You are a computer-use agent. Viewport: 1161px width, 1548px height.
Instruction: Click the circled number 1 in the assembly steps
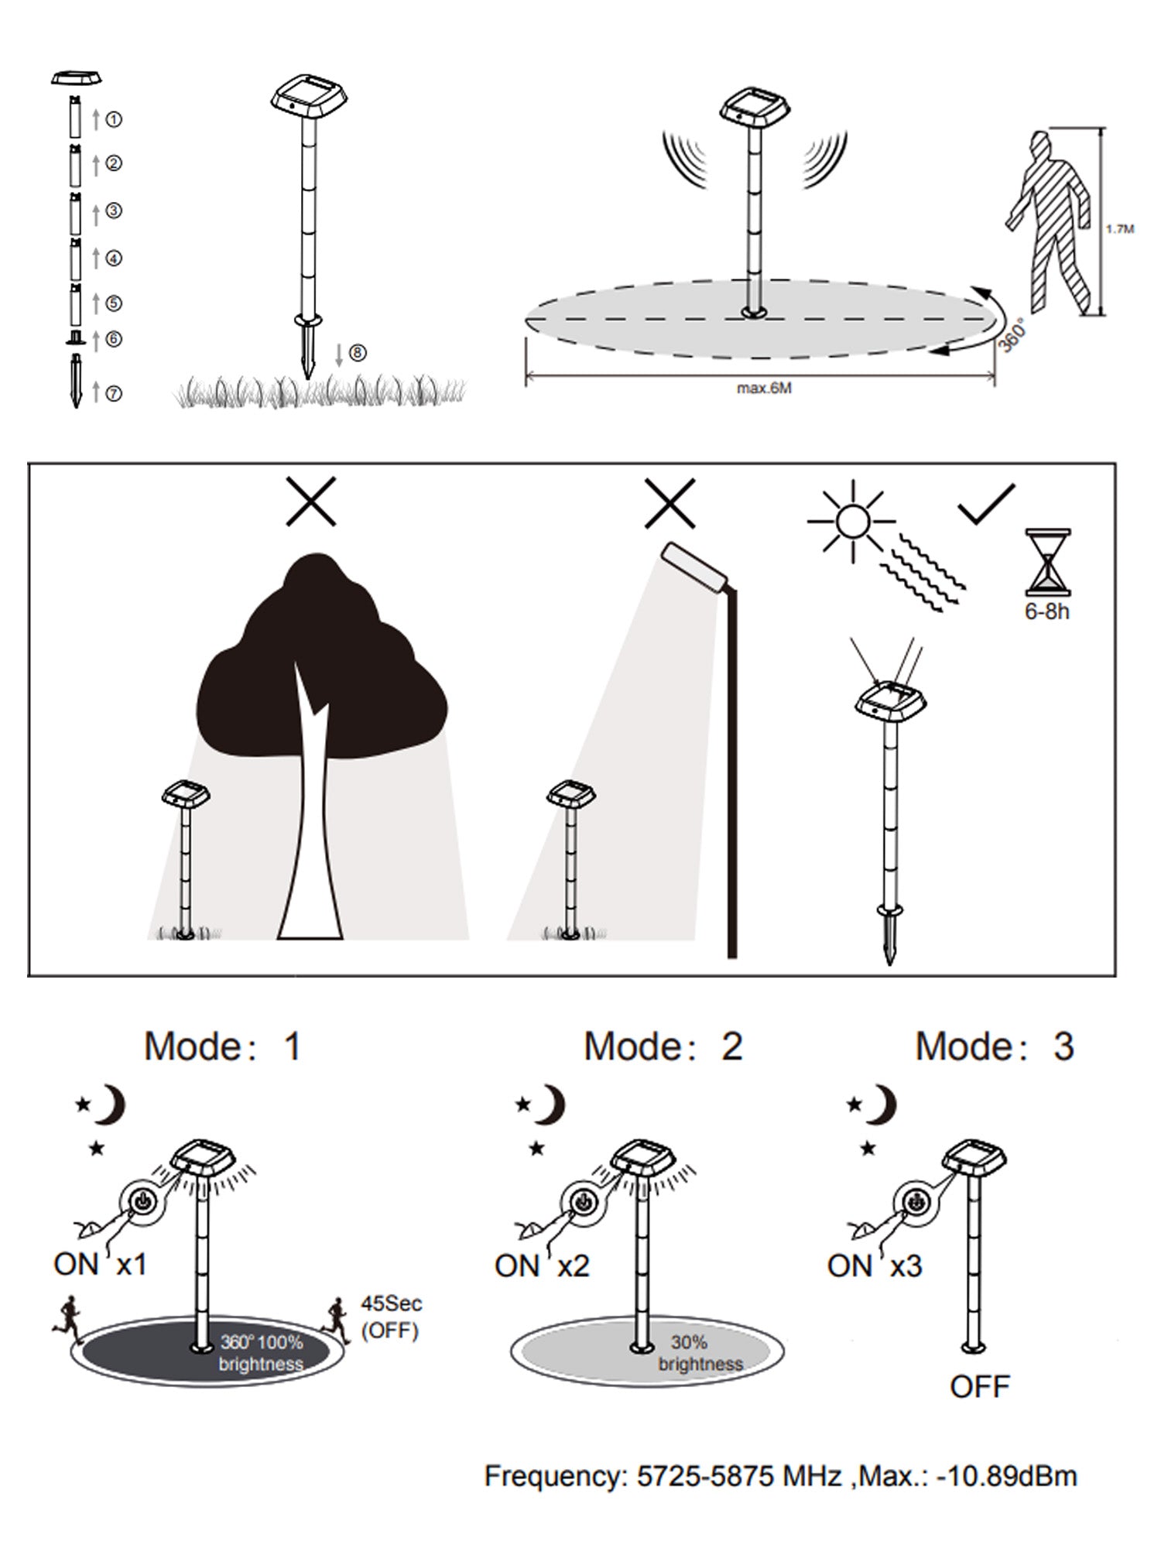[x=114, y=119]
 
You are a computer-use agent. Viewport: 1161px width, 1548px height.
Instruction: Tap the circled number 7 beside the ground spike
[x=114, y=393]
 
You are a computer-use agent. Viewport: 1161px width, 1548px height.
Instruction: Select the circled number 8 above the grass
[x=357, y=353]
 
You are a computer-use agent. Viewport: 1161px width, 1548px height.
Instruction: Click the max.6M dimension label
[x=763, y=389]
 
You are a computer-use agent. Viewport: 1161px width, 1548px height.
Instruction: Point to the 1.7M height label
[x=1120, y=229]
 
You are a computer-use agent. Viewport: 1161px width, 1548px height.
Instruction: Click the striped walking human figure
[x=1050, y=224]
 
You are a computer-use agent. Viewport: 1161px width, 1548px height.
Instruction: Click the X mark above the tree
[x=310, y=502]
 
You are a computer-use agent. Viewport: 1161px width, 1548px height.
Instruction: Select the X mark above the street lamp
[x=670, y=503]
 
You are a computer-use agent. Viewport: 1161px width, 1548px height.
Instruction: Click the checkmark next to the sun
[x=986, y=505]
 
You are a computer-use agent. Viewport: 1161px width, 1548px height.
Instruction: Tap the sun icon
[x=852, y=521]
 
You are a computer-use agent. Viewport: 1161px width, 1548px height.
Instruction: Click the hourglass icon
[x=1048, y=562]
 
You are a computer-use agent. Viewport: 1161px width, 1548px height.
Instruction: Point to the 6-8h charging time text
[x=1047, y=611]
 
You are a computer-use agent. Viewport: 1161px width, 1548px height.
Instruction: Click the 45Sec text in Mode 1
[x=392, y=1303]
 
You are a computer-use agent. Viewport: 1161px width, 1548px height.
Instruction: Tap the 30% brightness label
[x=700, y=1354]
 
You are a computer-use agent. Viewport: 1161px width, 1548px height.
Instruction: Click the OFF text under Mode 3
[x=980, y=1387]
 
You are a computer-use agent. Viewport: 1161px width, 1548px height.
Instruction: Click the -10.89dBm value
[x=1007, y=1476]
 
